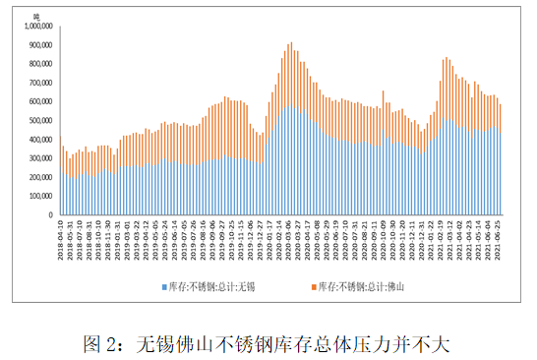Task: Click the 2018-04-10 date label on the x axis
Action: pyautogui.click(x=62, y=240)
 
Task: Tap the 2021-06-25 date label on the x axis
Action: pyautogui.click(x=500, y=240)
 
